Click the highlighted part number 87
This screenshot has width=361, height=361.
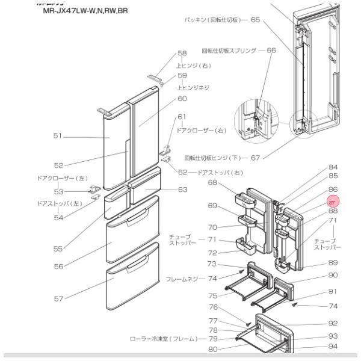tap(333, 202)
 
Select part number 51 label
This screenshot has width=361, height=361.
tap(58, 137)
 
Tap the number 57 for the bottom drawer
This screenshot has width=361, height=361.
tap(58, 298)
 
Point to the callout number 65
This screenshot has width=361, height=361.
tap(255, 20)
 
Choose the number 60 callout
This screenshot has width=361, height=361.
tap(182, 98)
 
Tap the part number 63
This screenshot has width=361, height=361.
tap(182, 190)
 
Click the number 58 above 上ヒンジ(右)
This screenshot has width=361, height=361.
tap(182, 54)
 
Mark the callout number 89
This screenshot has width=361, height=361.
tap(333, 263)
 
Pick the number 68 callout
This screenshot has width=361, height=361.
tap(212, 182)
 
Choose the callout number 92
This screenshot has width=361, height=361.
tap(333, 322)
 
